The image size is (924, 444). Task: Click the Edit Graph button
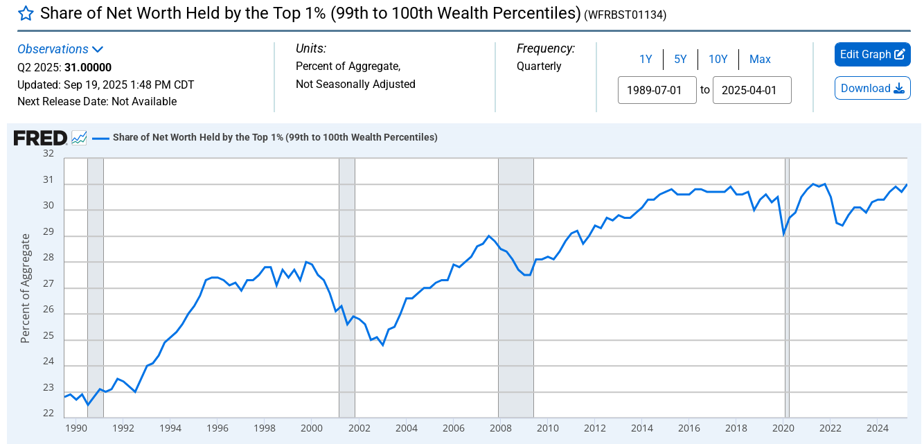(872, 55)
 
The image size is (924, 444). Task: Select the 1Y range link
(646, 60)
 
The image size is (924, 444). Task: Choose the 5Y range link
(680, 60)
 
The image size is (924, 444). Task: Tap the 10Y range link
(718, 60)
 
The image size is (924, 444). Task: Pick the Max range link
(760, 60)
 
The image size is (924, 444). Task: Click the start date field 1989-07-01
(657, 90)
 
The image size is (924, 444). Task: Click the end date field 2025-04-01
(752, 90)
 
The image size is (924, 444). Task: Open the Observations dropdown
(60, 49)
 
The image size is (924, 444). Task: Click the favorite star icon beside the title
(26, 13)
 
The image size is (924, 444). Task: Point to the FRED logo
(40, 138)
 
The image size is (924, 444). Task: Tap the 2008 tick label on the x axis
(500, 427)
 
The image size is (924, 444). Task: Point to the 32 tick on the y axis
(48, 153)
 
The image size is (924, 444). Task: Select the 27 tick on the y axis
(48, 283)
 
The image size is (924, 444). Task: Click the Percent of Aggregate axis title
(26, 288)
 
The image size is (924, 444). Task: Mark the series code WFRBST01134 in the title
(625, 15)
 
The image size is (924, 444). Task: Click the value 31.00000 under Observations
(88, 67)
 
